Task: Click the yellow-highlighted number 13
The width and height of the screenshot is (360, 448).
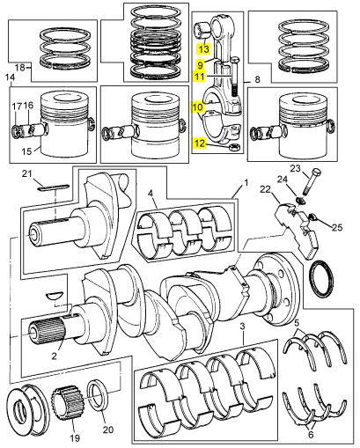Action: tap(203, 48)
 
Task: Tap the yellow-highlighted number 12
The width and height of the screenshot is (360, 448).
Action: tap(199, 143)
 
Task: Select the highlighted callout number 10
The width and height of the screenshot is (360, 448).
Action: tap(198, 107)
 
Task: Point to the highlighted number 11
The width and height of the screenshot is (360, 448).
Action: tap(200, 77)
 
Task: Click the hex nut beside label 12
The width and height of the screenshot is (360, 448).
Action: tap(235, 146)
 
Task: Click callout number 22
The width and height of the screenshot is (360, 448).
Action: tap(266, 190)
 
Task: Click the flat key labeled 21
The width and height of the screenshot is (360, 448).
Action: tap(54, 187)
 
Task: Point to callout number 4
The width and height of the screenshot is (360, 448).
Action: tap(151, 194)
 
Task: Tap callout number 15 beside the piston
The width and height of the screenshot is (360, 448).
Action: tap(26, 151)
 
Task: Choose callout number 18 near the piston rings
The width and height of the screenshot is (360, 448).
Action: tap(20, 68)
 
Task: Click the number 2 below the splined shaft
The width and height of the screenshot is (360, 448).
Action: tap(54, 356)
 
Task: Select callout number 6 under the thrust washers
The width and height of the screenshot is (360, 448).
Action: tap(311, 435)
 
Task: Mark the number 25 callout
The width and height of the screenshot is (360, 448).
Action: tap(337, 227)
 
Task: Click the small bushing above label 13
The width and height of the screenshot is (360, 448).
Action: tap(202, 30)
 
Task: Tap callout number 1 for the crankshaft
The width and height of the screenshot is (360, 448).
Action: tap(246, 183)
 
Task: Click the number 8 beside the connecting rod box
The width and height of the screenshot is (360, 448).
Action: tap(257, 79)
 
